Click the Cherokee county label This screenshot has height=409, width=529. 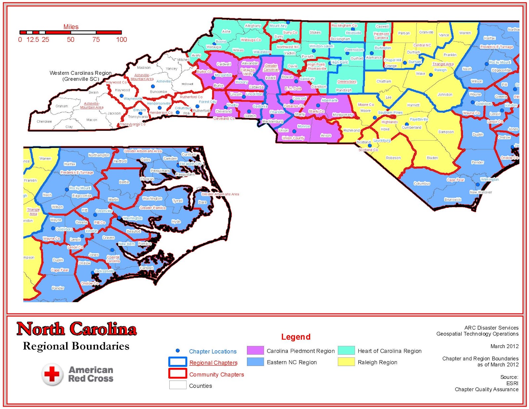click(x=44, y=121)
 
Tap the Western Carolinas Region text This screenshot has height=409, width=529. click(x=80, y=73)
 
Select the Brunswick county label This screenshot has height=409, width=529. click(x=453, y=200)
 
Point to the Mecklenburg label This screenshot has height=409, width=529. click(x=272, y=121)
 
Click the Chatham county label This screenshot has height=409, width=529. click(x=384, y=81)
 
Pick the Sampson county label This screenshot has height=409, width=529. click(x=446, y=132)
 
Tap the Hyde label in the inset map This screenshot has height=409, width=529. click(x=176, y=222)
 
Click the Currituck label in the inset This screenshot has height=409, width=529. click(x=189, y=155)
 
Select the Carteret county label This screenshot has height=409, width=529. click(x=146, y=268)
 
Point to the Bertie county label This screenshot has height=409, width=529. click(x=124, y=182)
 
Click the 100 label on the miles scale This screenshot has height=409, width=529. click(x=121, y=40)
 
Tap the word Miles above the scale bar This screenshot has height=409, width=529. click(x=71, y=27)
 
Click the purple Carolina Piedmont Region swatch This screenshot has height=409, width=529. click(x=255, y=350)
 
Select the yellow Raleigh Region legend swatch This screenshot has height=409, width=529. click(x=346, y=362)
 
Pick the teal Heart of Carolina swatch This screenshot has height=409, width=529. click(x=346, y=350)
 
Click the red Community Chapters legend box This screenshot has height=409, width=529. click(x=178, y=373)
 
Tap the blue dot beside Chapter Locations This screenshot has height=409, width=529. click(x=178, y=350)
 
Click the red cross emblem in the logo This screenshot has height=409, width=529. click(x=52, y=374)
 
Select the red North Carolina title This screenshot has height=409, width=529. click(x=76, y=329)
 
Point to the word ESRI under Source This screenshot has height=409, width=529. click(x=512, y=383)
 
